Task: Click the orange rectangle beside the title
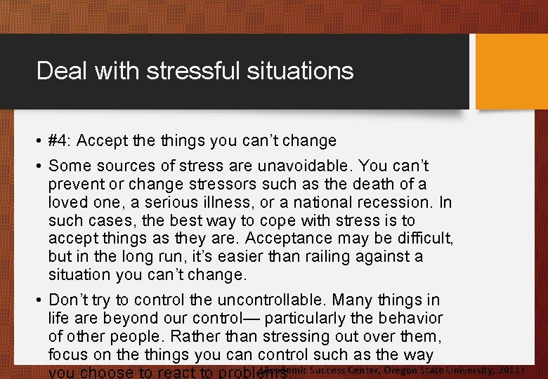tap(511, 72)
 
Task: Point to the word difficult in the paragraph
tap(424, 239)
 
